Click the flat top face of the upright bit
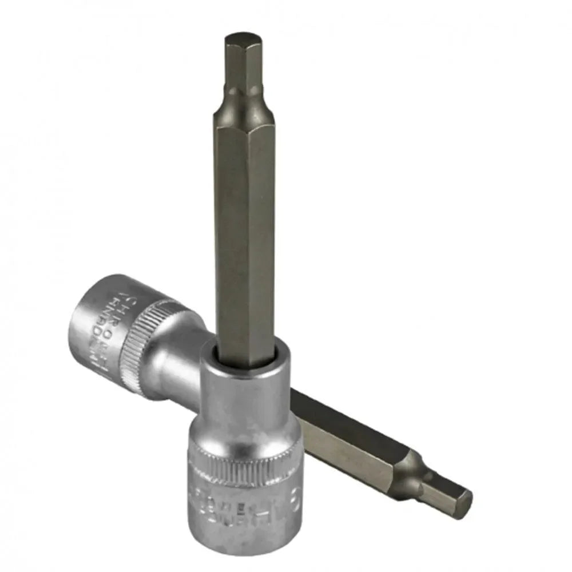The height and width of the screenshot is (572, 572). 243,38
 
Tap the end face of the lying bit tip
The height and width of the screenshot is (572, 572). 464,503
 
